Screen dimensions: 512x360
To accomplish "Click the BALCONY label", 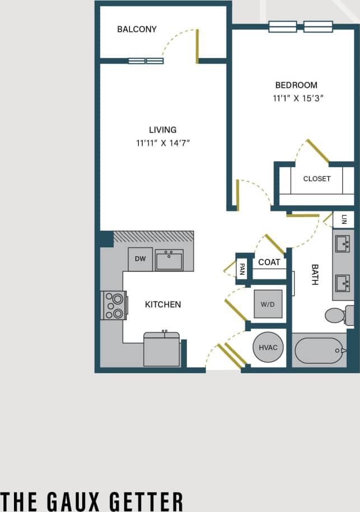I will tap(137, 29).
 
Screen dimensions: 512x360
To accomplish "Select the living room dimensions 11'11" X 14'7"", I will tap(163, 143).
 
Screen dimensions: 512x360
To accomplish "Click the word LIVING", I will tap(163, 130).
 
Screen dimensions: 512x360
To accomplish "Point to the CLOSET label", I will tap(317, 179).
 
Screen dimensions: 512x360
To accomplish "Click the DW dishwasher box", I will tap(140, 260).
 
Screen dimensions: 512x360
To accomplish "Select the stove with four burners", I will tap(114, 306).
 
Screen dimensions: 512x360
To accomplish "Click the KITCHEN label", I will tap(163, 304).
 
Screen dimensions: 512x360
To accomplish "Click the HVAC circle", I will tap(268, 347).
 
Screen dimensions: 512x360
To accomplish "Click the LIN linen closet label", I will tap(344, 219).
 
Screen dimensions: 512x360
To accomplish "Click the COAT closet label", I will tap(269, 262).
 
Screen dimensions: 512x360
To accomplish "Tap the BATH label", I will tap(314, 275).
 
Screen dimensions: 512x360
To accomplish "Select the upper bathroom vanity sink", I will tap(343, 244).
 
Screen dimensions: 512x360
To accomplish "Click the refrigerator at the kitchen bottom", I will tap(162, 350).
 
